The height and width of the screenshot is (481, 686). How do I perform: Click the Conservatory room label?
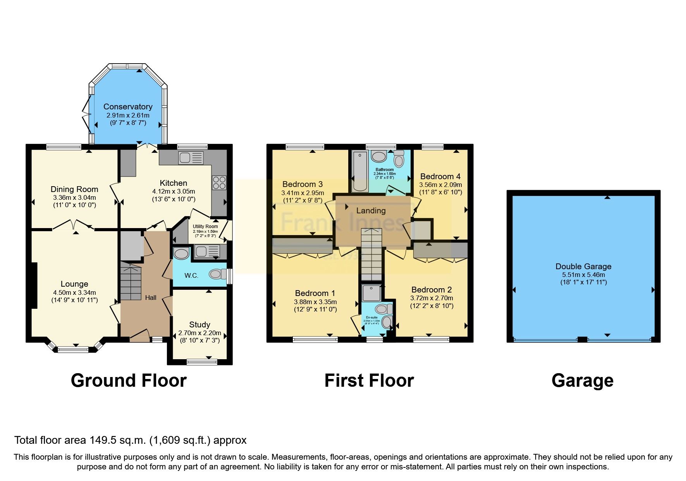click(128, 107)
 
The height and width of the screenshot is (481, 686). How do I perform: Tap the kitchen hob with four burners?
click(219, 183)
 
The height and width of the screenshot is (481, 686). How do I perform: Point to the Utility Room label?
click(205, 227)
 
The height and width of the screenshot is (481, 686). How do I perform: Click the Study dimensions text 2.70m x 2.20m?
click(199, 333)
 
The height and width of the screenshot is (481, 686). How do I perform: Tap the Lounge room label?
click(74, 284)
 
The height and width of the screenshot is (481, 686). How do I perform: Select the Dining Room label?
click(74, 189)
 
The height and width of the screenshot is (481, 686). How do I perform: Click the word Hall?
click(151, 298)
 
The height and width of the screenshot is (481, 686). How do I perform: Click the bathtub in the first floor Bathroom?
click(361, 171)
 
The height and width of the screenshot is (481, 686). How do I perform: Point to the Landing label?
click(371, 211)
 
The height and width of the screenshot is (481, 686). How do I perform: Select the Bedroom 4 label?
click(440, 176)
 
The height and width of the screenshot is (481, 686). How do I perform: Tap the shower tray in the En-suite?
click(371, 293)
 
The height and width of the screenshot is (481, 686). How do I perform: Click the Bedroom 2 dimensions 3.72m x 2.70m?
click(432, 298)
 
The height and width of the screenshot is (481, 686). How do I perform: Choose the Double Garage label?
click(583, 266)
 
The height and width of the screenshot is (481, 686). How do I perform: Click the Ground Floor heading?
click(129, 381)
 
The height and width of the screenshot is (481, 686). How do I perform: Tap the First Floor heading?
click(369, 381)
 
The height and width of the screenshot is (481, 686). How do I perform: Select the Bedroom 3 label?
click(302, 184)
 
